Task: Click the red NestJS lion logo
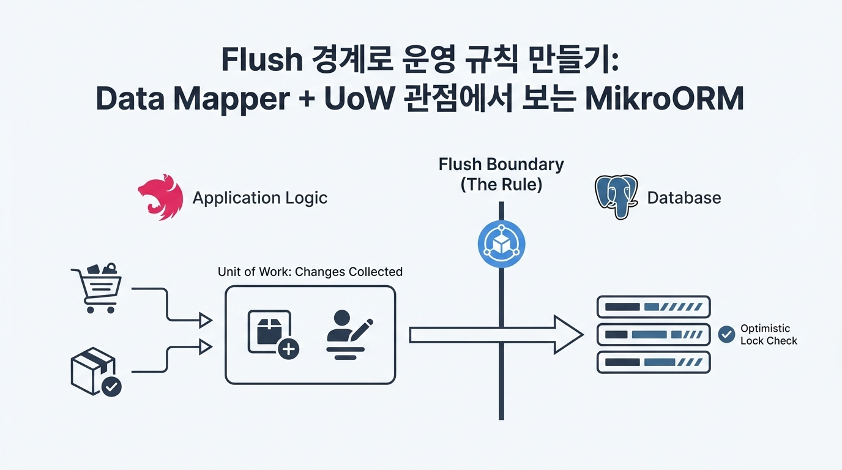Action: [x=160, y=197]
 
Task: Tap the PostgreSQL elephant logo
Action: [x=616, y=197]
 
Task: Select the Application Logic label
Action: [x=260, y=198]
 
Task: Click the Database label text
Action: [x=684, y=198]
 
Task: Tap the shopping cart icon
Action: [x=97, y=288]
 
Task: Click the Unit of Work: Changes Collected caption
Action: [x=310, y=272]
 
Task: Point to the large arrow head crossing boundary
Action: [x=568, y=335]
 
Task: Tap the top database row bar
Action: [x=653, y=307]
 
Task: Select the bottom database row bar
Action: [x=653, y=362]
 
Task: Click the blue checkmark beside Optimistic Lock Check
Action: [x=726, y=334]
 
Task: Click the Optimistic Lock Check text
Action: [x=768, y=335]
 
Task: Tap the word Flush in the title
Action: [x=261, y=60]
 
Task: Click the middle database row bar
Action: [x=653, y=335]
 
